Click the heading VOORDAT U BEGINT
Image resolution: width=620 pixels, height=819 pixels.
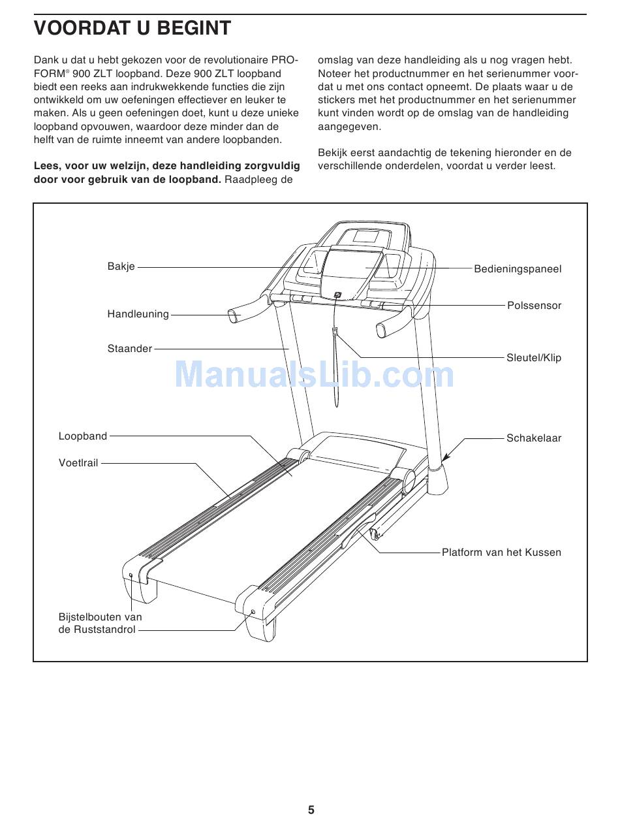pyautogui.click(x=132, y=29)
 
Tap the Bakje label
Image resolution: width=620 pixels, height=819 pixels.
pyautogui.click(x=121, y=266)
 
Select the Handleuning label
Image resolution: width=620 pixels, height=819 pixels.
pyautogui.click(x=138, y=314)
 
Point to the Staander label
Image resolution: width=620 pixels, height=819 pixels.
pyautogui.click(x=129, y=349)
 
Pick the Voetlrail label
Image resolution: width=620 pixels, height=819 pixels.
pyautogui.click(x=78, y=463)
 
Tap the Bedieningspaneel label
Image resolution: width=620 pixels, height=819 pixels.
pyautogui.click(x=517, y=269)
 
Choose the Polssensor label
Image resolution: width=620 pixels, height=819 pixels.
pyautogui.click(x=534, y=306)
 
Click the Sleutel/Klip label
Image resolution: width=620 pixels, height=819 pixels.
pyautogui.click(x=533, y=358)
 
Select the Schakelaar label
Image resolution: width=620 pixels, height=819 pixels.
pyautogui.click(x=533, y=438)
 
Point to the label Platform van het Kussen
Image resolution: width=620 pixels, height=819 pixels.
pyautogui.click(x=501, y=553)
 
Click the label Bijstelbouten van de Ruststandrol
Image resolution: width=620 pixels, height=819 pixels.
pyautogui.click(x=99, y=624)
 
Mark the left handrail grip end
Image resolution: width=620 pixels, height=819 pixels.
pyautogui.click(x=233, y=317)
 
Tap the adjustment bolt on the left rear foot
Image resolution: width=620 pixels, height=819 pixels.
pyautogui.click(x=131, y=575)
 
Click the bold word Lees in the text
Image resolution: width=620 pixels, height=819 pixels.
pyautogui.click(x=46, y=166)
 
